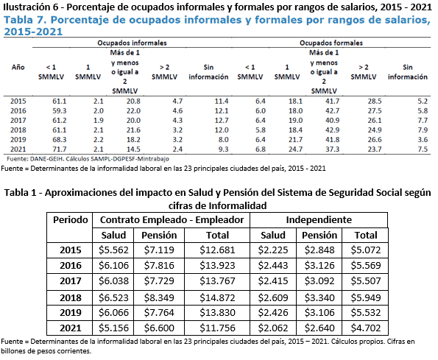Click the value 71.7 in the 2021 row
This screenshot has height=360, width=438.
point(59,149)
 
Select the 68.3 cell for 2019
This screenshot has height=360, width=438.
point(59,140)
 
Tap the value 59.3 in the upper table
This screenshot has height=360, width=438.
point(59,111)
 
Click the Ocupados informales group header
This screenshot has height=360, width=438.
point(132,43)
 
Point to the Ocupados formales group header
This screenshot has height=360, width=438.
point(331,43)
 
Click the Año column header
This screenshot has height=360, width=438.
point(18,67)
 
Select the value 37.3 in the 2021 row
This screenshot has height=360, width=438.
point(333,149)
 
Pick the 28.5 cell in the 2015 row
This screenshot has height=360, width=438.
point(375,102)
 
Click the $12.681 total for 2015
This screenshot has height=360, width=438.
point(217,250)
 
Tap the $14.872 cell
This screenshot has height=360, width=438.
point(217,297)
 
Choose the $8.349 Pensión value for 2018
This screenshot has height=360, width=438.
point(159,297)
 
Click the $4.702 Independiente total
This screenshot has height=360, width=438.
point(366,328)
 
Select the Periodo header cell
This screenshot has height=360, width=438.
point(71,220)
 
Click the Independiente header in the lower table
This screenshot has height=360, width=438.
point(319,220)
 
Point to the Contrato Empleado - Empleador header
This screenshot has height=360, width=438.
point(172,220)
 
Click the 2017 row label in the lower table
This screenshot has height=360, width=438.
point(71,281)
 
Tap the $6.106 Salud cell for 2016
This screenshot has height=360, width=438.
point(113,265)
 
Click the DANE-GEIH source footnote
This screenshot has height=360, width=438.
point(88,159)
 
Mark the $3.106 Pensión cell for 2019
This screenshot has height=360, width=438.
point(319,313)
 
